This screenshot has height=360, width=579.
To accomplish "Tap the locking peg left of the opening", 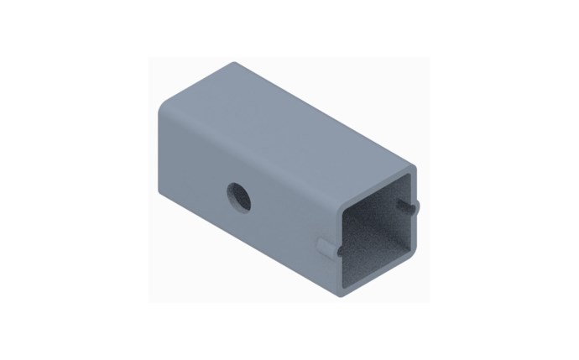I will [x=326, y=246].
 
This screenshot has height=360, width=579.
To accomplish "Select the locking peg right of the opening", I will [x=410, y=204].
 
